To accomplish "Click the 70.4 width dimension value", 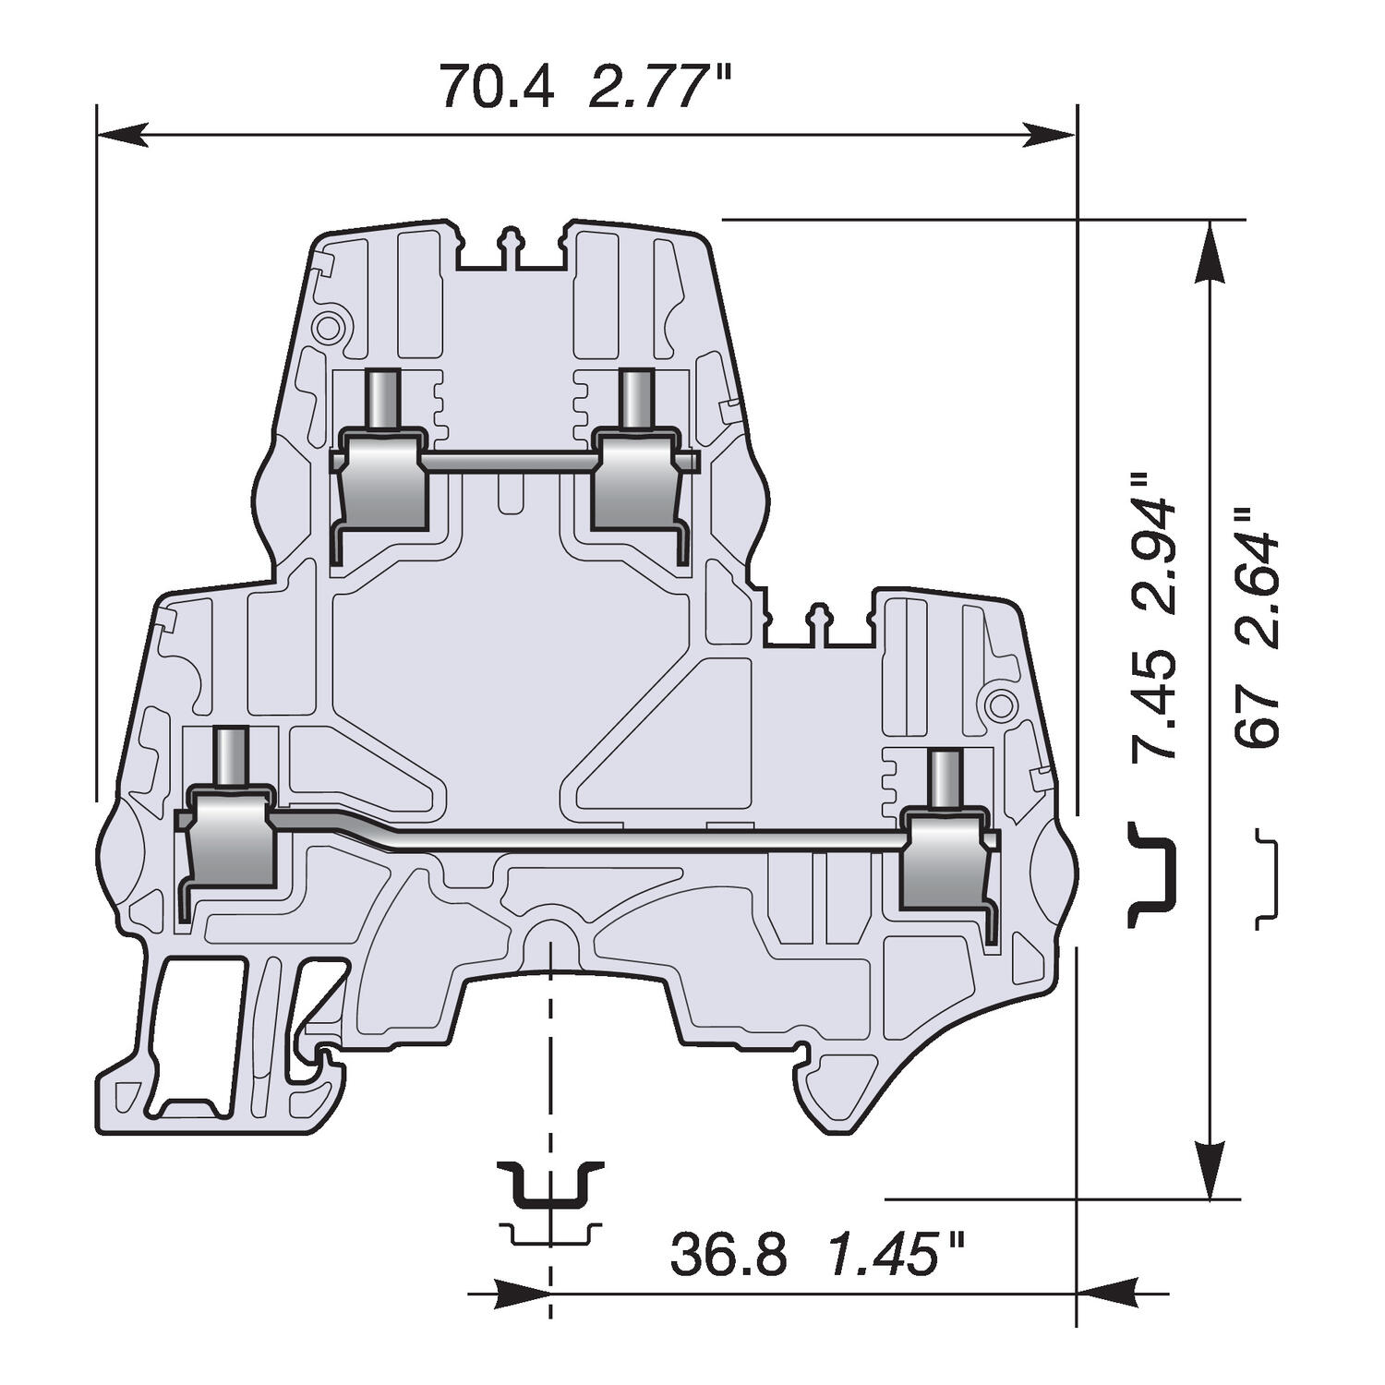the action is (497, 86).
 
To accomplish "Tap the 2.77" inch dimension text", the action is (659, 86).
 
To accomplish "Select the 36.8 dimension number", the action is (729, 1255).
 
